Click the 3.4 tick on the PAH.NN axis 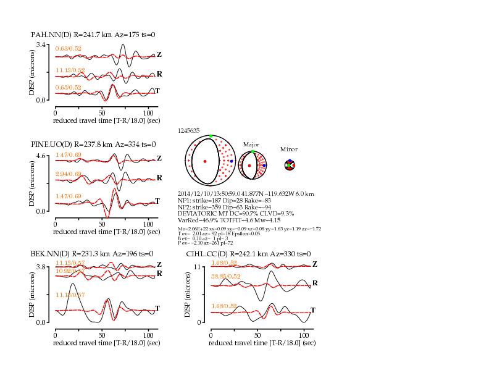pos(43,45)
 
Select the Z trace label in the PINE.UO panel pos(159,158)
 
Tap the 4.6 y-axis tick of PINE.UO pos(43,156)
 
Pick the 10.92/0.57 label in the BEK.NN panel pos(70,271)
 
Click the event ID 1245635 pos(188,131)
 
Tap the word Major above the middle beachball pos(251,144)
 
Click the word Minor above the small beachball pos(289,149)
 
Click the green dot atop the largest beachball pos(211,136)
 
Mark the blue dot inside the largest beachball pos(231,161)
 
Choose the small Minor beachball pos(290,165)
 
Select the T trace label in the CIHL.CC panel pos(313,310)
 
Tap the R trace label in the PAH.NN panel pos(159,74)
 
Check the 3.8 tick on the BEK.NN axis pos(43,266)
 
